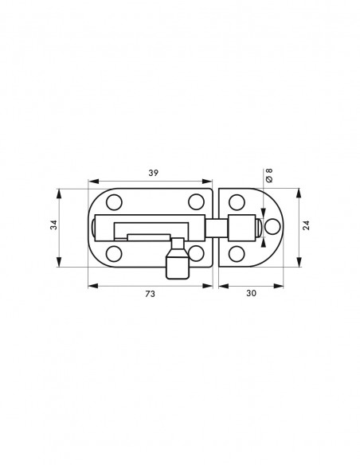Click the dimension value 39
pyautogui.click(x=153, y=173)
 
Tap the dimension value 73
pyautogui.click(x=150, y=294)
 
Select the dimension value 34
pyautogui.click(x=53, y=225)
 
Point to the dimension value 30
pyautogui.click(x=251, y=293)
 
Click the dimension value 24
pyautogui.click(x=306, y=225)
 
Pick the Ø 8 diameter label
pyautogui.click(x=269, y=175)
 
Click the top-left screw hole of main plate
pyautogui.click(x=114, y=202)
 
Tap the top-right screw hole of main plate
pyautogui.click(x=196, y=201)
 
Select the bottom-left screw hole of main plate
pyautogui.click(x=114, y=254)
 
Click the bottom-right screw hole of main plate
pyautogui.click(x=196, y=253)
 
